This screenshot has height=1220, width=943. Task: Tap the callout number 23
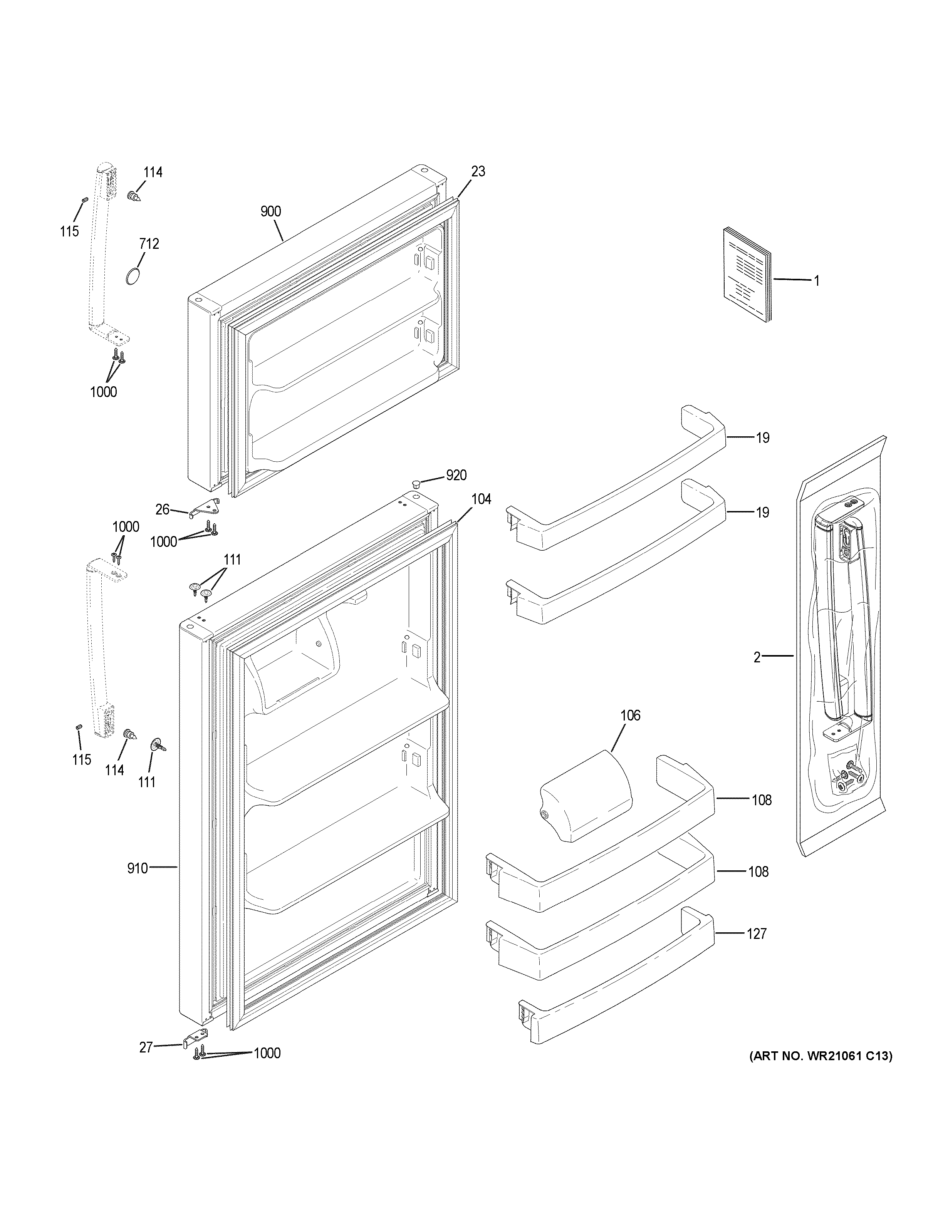[478, 171]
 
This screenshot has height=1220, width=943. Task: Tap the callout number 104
[481, 499]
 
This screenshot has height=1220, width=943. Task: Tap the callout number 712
[149, 243]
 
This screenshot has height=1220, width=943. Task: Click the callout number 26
[162, 509]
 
